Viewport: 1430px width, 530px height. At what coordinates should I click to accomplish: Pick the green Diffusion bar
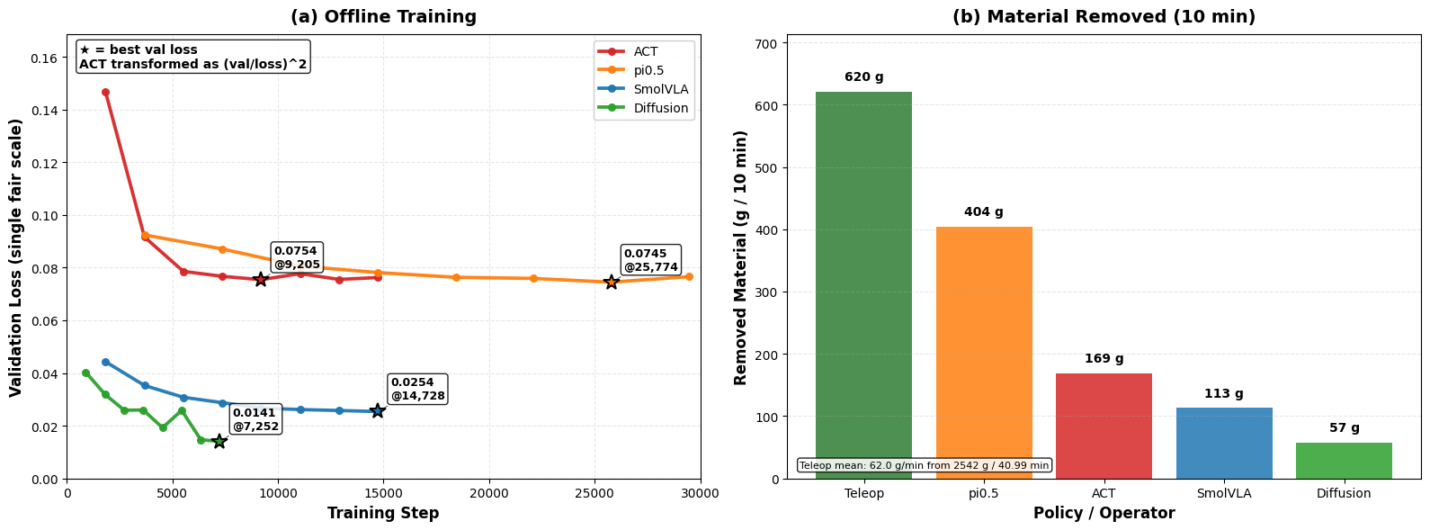pyautogui.click(x=1344, y=461)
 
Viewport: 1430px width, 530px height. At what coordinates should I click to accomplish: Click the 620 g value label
pyautogui.click(x=863, y=77)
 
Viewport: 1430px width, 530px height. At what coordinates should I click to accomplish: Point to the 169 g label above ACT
pyautogui.click(x=1104, y=359)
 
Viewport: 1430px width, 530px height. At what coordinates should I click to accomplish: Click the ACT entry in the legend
pyautogui.click(x=645, y=52)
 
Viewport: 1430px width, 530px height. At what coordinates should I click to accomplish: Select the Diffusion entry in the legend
pyautogui.click(x=660, y=108)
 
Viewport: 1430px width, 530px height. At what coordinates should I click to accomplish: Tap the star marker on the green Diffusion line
pyautogui.click(x=219, y=441)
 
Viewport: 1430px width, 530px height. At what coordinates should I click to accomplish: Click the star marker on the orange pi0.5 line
pyautogui.click(x=612, y=283)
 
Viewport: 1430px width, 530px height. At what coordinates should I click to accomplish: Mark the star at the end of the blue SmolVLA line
pyautogui.click(x=378, y=411)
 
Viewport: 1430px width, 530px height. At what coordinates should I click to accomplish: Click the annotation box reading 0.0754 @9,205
pyautogui.click(x=297, y=257)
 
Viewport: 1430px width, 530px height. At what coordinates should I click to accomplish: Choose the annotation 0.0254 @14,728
pyautogui.click(x=417, y=389)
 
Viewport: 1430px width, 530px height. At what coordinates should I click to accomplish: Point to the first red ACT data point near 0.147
pyautogui.click(x=105, y=92)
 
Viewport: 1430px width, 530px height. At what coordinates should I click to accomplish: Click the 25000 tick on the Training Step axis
pyautogui.click(x=594, y=493)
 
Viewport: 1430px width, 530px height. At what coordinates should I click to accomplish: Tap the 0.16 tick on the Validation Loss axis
pyautogui.click(x=44, y=58)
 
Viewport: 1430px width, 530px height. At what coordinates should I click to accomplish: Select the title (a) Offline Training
pyautogui.click(x=383, y=17)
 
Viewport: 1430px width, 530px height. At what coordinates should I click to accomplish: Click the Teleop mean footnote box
pyautogui.click(x=924, y=465)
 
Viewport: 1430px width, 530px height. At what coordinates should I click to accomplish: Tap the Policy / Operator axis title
pyautogui.click(x=1104, y=514)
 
